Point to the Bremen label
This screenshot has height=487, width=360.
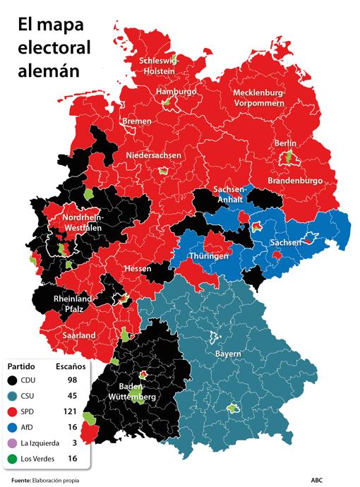(136, 121)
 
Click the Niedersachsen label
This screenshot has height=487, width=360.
(154, 155)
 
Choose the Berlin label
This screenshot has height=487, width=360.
(285, 143)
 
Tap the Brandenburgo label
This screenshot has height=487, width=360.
(295, 181)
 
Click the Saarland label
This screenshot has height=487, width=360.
(78, 335)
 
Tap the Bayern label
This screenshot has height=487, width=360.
(228, 353)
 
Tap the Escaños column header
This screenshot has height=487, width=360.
(70, 366)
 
